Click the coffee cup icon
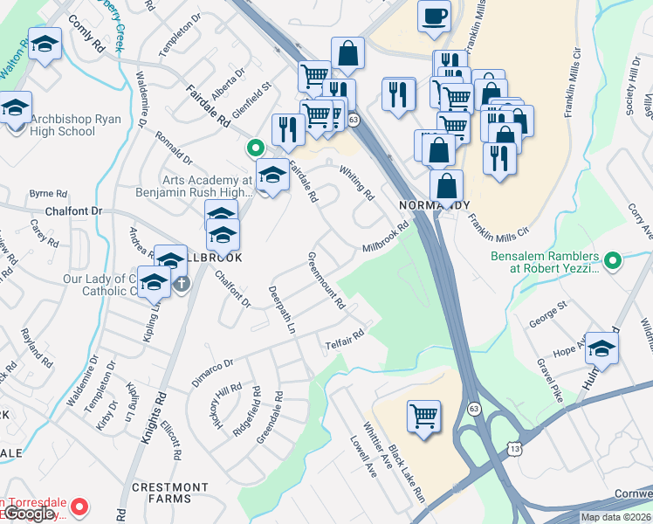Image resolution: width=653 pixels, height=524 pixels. point(434,15)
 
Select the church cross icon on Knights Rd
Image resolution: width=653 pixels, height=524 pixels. point(182,284)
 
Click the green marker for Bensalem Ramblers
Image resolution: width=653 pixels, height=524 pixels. point(613,259)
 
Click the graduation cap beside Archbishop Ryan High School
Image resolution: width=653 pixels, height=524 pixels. point(15,108)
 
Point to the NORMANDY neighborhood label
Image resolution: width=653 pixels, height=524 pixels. point(428,204)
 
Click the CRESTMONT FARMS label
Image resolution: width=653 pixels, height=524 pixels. point(170,493)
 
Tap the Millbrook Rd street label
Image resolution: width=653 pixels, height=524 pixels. point(386,238)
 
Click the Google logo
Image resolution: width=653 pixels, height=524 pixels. point(29,514)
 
